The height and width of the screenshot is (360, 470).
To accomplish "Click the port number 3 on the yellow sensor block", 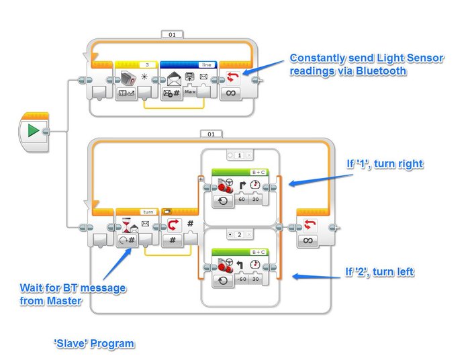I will coord(146,64).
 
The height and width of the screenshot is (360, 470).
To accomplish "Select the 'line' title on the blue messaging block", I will coord(205,64).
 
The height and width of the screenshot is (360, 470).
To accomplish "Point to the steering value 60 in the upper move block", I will coord(241,200).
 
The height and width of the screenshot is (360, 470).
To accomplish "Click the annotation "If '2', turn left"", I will coord(379,272).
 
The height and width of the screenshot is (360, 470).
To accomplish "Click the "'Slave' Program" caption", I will coord(94,344).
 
